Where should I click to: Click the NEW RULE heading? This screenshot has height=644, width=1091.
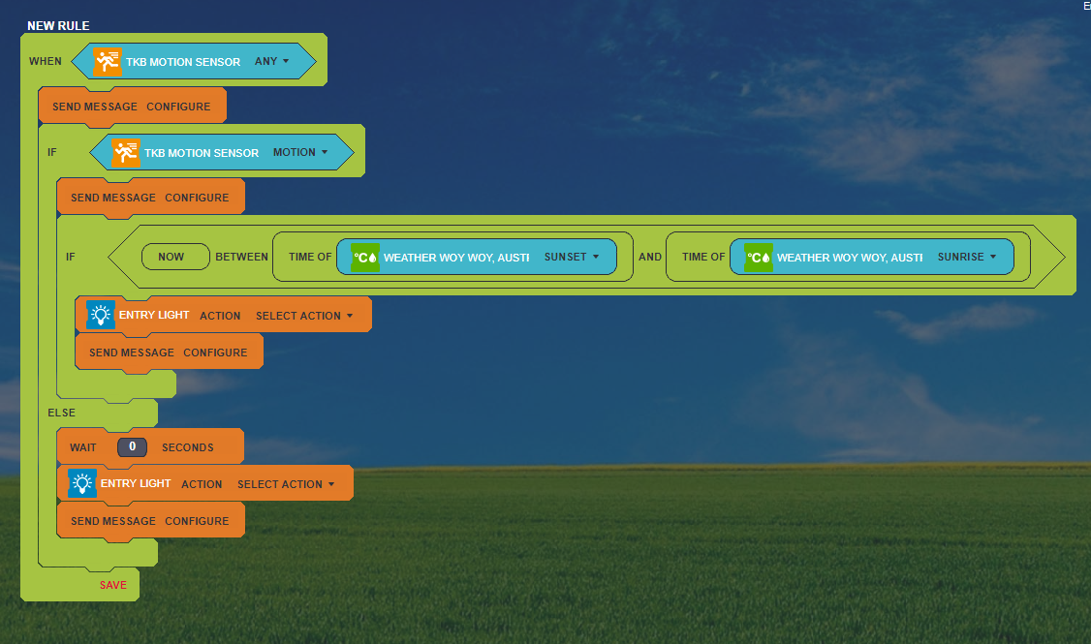(58, 26)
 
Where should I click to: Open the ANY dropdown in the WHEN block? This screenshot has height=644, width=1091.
(271, 61)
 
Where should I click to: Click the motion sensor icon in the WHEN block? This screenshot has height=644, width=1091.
(108, 61)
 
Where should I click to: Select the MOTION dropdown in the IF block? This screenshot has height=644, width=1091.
(300, 152)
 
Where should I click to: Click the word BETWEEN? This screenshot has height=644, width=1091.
(241, 257)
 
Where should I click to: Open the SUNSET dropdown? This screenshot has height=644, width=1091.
(572, 257)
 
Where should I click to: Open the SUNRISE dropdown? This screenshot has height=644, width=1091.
(966, 257)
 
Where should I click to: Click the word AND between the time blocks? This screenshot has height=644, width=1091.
(650, 257)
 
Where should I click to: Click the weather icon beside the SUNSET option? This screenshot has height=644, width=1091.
(364, 258)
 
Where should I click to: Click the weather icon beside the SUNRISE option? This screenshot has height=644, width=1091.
(759, 258)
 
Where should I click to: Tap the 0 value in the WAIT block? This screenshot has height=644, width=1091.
(132, 447)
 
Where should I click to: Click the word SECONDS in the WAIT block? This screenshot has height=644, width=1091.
(188, 447)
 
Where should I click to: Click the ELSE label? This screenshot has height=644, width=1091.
(61, 413)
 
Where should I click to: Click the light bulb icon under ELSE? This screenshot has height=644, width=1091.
(82, 482)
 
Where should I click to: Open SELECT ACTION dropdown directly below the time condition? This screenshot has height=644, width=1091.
(304, 316)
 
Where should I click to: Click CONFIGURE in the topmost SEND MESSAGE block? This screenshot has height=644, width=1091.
(178, 107)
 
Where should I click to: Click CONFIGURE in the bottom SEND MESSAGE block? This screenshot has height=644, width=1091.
(197, 521)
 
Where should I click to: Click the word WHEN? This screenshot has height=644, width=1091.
(46, 61)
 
